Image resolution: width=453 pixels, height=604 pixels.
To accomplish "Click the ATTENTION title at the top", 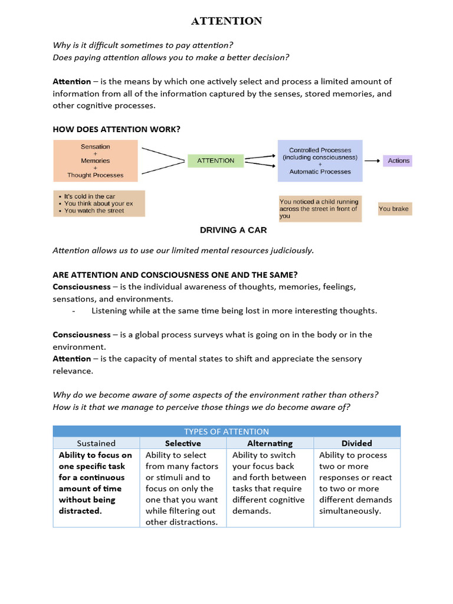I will pyautogui.click(x=226, y=21).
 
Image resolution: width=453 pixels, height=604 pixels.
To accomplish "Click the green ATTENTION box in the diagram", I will pyautogui.click(x=215, y=160).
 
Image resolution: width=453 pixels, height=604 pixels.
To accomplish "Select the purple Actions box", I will pyautogui.click(x=398, y=160).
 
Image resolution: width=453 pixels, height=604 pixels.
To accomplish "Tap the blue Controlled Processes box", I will pyautogui.click(x=320, y=160).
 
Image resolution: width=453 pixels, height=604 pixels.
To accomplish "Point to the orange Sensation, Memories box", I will pyautogui.click(x=96, y=160).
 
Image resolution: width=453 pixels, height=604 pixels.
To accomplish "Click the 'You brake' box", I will pyautogui.click(x=393, y=209).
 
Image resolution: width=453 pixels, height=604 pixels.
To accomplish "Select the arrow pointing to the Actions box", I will pyautogui.click(x=372, y=160).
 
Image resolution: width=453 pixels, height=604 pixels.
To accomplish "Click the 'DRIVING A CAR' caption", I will pyautogui.click(x=233, y=230).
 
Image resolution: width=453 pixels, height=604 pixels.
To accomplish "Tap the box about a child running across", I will pyautogui.click(x=319, y=209).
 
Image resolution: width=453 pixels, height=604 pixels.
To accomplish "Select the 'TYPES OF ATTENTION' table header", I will pyautogui.click(x=226, y=431).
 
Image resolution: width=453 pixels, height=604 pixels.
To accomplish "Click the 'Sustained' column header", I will pyautogui.click(x=96, y=443).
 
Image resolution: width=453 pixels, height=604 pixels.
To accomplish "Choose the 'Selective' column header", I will pyautogui.click(x=183, y=443).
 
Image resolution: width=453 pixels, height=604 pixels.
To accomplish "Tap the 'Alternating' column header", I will pyautogui.click(x=270, y=443).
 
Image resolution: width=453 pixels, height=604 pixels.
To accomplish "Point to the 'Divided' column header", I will pyautogui.click(x=356, y=443).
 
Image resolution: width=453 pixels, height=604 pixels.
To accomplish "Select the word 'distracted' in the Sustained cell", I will pyautogui.click(x=80, y=511).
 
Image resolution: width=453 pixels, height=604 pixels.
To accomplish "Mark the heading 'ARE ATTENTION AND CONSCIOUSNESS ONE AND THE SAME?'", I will pyautogui.click(x=175, y=275).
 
